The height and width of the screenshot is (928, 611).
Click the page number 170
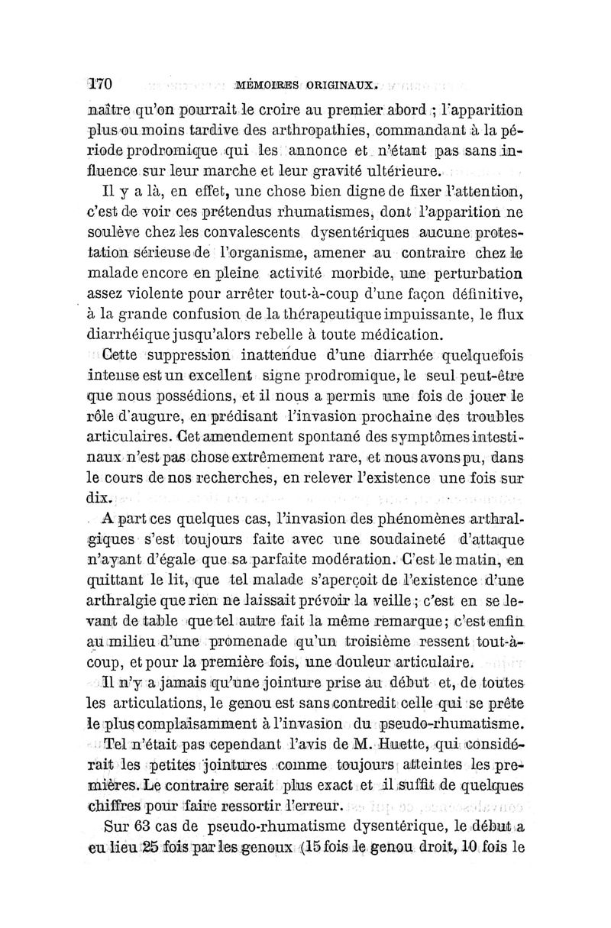click(x=100, y=83)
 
